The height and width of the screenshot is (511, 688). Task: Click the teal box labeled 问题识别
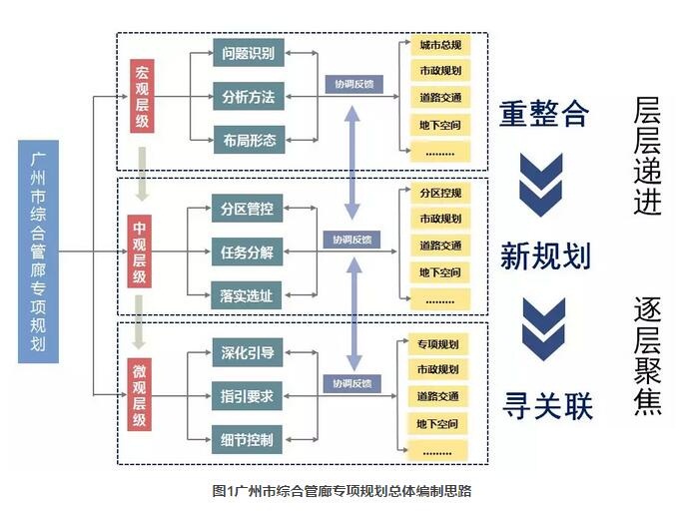pyautogui.click(x=248, y=52)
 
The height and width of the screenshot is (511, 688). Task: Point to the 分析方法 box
pyautogui.click(x=248, y=97)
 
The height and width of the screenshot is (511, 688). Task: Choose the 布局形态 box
pyautogui.click(x=248, y=140)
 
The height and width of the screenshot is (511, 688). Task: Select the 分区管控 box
pyautogui.click(x=248, y=210)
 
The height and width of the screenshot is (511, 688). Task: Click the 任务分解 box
pyautogui.click(x=248, y=253)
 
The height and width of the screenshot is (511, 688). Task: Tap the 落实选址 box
pyautogui.click(x=248, y=295)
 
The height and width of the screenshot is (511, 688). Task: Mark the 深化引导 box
pyautogui.click(x=248, y=352)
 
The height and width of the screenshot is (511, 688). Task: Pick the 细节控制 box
pyautogui.click(x=248, y=438)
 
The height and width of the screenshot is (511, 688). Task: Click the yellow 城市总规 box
pyautogui.click(x=440, y=46)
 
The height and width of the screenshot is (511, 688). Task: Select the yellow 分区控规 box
pyautogui.click(x=440, y=193)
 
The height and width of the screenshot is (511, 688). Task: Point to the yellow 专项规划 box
pyautogui.click(x=440, y=344)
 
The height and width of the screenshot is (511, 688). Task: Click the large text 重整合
pyautogui.click(x=544, y=113)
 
